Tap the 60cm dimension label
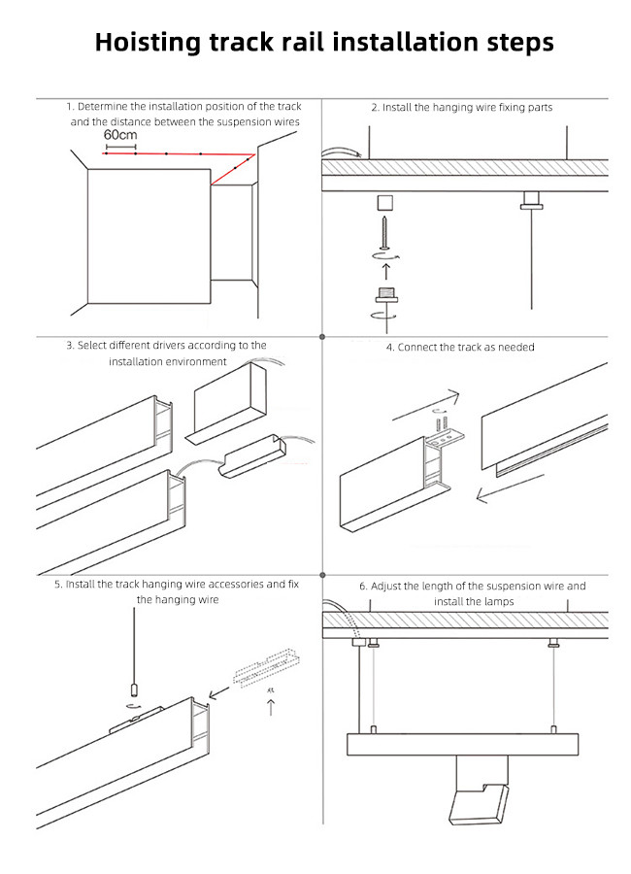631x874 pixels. point(118,135)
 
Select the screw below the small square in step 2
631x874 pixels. point(385,232)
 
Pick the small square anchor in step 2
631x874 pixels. point(385,203)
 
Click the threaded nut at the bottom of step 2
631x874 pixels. point(385,297)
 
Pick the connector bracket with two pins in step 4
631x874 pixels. point(446,434)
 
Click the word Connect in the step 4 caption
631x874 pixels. point(417,347)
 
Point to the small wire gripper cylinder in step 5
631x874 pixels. point(133,692)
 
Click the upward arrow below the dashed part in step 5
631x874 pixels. point(270,707)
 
